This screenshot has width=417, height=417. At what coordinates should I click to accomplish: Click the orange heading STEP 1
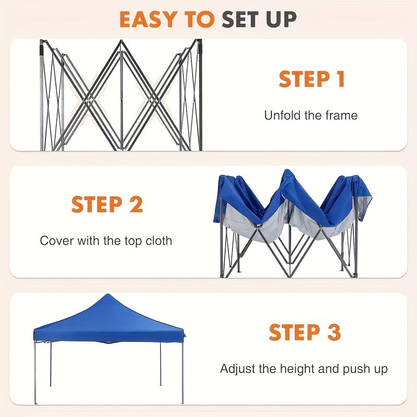(312, 79)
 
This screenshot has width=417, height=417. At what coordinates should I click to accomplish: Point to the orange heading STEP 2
(107, 204)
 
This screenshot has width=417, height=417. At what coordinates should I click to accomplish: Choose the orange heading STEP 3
(305, 332)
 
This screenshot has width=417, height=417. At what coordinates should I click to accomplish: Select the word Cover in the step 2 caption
(57, 241)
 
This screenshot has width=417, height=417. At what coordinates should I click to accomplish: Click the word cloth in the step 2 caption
(159, 241)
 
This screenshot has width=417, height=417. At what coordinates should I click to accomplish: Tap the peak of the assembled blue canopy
(108, 294)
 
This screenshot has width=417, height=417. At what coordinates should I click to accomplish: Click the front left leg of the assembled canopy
(35, 372)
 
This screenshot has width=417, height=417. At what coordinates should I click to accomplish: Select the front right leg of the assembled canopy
(182, 372)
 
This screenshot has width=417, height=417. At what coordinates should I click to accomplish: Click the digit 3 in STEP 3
(334, 332)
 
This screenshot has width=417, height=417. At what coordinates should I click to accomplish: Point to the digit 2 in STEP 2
(136, 204)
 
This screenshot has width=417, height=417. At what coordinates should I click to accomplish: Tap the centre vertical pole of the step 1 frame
(121, 95)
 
